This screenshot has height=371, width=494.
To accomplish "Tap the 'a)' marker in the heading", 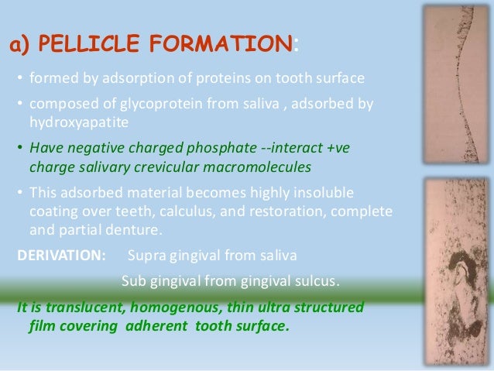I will (20, 46).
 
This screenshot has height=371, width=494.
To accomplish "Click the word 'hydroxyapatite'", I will (76, 122).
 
